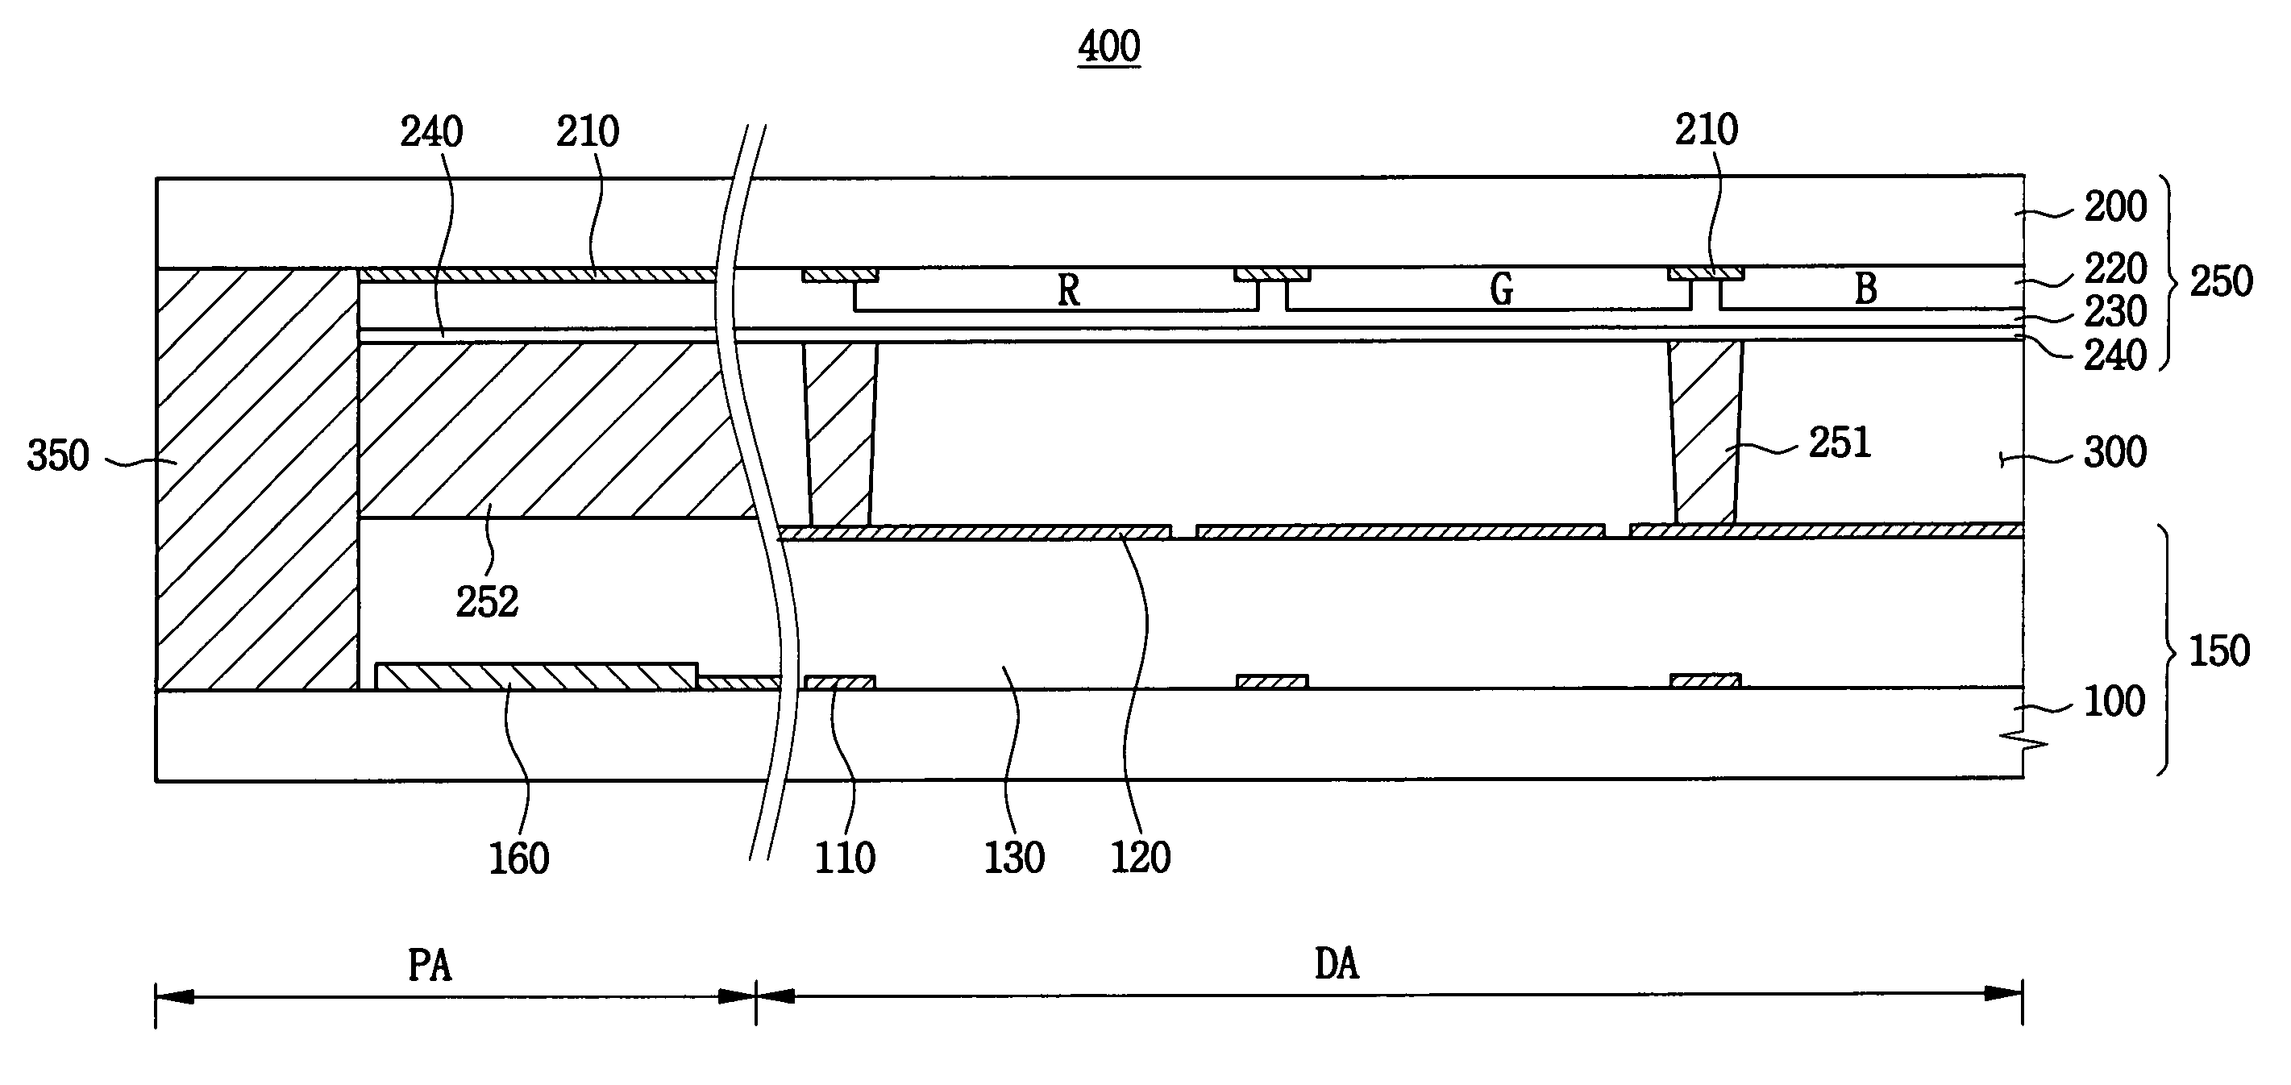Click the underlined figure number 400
click(x=1109, y=46)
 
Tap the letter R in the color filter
click(x=1068, y=290)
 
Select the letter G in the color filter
click(x=1501, y=289)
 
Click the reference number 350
click(x=58, y=455)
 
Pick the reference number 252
click(x=488, y=602)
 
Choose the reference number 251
click(x=1840, y=442)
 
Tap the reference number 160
click(x=519, y=858)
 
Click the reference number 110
click(x=845, y=858)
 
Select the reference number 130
click(x=1014, y=858)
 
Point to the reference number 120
click(x=1141, y=858)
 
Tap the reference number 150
click(x=2219, y=651)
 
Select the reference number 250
click(x=2221, y=281)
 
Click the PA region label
click(x=430, y=965)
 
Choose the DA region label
click(x=1336, y=964)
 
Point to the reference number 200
click(x=2116, y=206)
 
